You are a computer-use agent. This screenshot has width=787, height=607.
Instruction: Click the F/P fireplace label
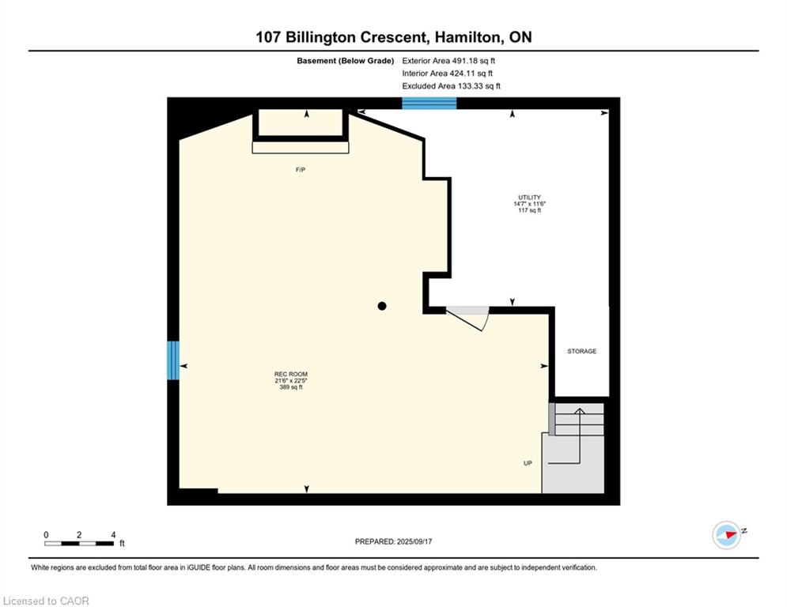(x=301, y=170)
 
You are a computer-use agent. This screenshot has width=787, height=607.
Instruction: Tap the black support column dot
(x=382, y=306)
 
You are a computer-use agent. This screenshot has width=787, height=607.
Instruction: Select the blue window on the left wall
(x=173, y=360)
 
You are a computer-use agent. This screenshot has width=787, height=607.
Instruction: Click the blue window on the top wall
(x=429, y=103)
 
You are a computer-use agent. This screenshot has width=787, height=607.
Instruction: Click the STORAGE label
(x=582, y=351)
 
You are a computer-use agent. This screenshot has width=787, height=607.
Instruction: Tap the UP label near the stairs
(x=528, y=463)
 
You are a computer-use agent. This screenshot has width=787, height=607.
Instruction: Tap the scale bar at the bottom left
(x=80, y=543)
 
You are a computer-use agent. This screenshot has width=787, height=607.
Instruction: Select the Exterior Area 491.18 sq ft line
(x=449, y=60)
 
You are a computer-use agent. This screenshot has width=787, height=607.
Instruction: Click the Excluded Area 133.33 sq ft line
(x=451, y=86)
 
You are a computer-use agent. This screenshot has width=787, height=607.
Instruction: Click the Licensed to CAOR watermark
(x=47, y=601)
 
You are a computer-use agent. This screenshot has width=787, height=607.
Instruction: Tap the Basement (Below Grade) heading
(x=345, y=60)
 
